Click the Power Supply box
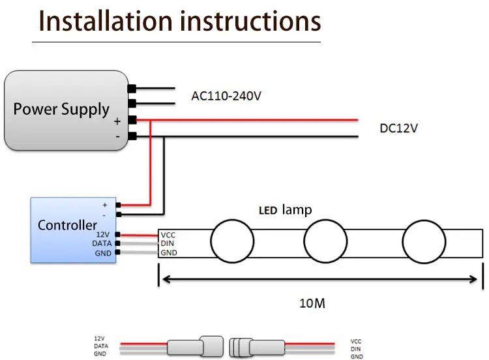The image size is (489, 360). click(66, 110)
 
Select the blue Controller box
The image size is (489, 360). click(73, 230)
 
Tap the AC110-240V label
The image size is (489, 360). click(226, 96)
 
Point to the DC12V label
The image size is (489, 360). click(398, 128)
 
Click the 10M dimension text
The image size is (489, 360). click(312, 303)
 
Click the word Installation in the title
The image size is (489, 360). click(106, 22)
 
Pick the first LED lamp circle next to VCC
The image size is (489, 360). click(232, 241)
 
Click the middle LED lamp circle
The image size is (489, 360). click(325, 241)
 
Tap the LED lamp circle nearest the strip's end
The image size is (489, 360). click(424, 241)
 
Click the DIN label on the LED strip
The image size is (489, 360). click(167, 243)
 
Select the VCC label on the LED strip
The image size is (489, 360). click(168, 235)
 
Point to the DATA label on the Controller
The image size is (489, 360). click(102, 243)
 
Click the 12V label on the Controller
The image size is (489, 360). click(102, 235)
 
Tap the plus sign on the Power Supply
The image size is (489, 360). click(117, 121)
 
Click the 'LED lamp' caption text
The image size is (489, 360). click(286, 210)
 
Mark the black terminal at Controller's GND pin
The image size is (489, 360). click(117, 252)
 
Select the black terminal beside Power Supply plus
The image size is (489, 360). click(132, 120)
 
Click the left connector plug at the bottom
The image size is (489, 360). click(196, 346)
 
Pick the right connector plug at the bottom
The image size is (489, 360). click(257, 347)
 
